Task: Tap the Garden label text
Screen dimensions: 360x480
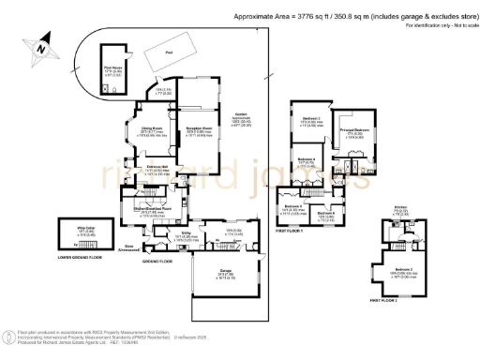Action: (247, 117)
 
